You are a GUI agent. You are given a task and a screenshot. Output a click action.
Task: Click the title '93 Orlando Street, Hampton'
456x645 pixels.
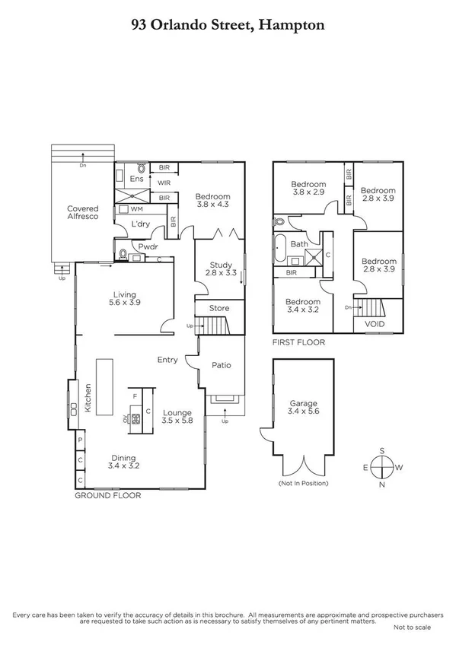coord(228,25)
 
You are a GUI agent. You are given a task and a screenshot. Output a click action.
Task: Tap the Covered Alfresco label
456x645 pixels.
coord(83,212)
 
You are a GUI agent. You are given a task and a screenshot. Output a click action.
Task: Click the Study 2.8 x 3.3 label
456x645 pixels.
coord(221,269)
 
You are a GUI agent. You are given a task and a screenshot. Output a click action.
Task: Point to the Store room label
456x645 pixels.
coord(220,308)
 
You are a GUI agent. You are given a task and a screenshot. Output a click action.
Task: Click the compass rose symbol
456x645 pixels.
coord(385,465)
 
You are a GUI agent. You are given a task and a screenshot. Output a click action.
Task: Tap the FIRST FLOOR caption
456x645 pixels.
coord(299,343)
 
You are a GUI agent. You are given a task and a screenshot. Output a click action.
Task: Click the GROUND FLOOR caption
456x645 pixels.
coord(107,495)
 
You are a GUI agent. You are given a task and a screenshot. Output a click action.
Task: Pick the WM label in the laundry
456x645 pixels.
coord(137,208)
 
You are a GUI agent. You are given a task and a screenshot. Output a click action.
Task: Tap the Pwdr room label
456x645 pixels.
coord(147,246)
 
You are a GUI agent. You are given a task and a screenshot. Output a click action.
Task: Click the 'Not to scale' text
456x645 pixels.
coord(411,628)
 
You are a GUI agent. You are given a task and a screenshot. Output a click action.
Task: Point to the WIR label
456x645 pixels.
coord(164,183)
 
